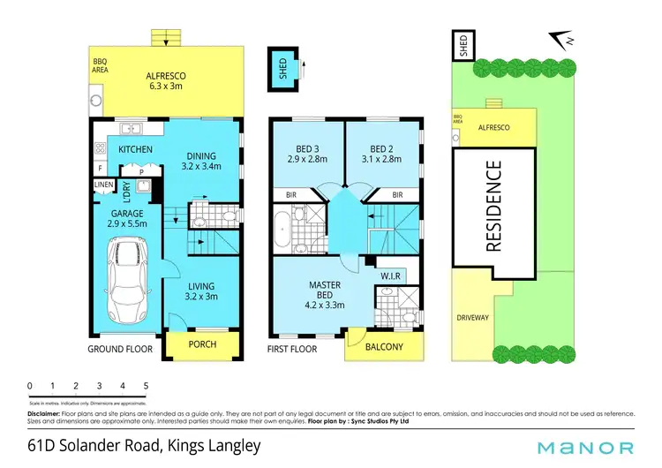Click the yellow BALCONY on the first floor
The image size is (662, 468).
click(384, 347)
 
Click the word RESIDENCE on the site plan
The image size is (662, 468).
click(493, 206)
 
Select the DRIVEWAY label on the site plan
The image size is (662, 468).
click(473, 316)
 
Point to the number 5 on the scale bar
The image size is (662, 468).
click(146, 386)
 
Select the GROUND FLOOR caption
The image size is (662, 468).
click(120, 349)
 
